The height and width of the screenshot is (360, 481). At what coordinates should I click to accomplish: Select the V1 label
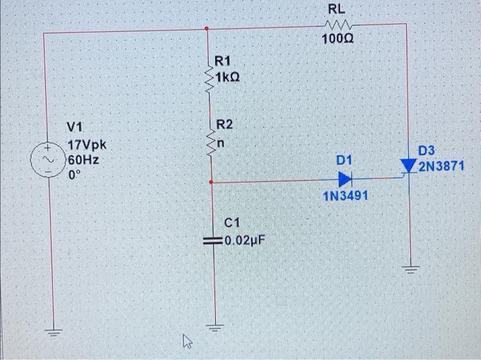[x=75, y=127]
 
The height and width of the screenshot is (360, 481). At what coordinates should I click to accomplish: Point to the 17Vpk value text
[x=87, y=146]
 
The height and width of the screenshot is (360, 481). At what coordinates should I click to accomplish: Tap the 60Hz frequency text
[x=83, y=159]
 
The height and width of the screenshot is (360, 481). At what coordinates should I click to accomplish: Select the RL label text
[x=337, y=9]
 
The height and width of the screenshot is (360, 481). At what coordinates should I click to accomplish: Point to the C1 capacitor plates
[x=210, y=242]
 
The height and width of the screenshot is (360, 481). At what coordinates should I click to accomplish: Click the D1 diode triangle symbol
[x=345, y=179]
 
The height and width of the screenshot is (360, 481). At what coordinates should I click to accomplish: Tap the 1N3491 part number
[x=345, y=196]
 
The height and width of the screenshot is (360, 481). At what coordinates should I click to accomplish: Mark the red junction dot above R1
[x=208, y=29]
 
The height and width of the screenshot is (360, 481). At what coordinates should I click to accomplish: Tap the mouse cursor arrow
[x=186, y=339]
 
